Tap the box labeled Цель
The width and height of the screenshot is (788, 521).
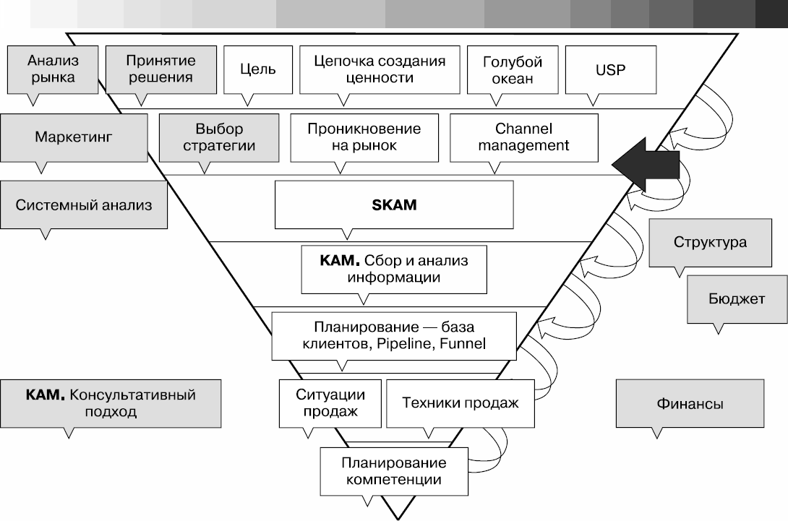click(257, 70)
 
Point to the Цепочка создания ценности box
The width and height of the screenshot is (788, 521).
click(380, 69)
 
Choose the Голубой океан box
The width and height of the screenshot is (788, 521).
click(512, 70)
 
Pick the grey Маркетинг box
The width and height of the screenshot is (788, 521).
click(74, 137)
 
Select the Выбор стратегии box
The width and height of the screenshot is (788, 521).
click(219, 137)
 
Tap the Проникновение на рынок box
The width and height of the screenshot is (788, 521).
click(364, 137)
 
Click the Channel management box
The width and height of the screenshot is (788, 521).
click(523, 137)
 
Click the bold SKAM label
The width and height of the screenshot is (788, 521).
click(394, 204)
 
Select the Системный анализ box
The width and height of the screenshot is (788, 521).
click(84, 204)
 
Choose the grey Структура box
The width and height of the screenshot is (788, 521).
click(709, 242)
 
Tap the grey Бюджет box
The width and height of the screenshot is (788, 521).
click(736, 298)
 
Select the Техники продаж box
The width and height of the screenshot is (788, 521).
click(460, 403)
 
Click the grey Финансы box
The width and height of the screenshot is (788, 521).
click(690, 404)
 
